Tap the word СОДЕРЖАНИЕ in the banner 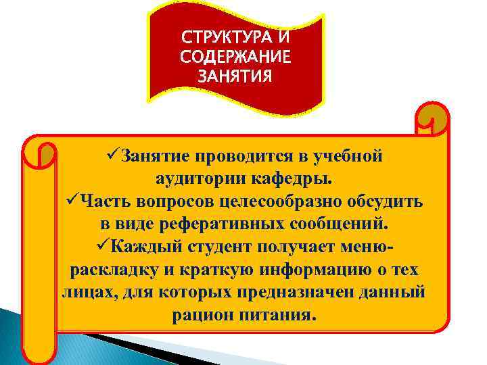coord(236,55)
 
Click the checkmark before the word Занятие coord(113,156)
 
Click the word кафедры coord(297,180)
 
